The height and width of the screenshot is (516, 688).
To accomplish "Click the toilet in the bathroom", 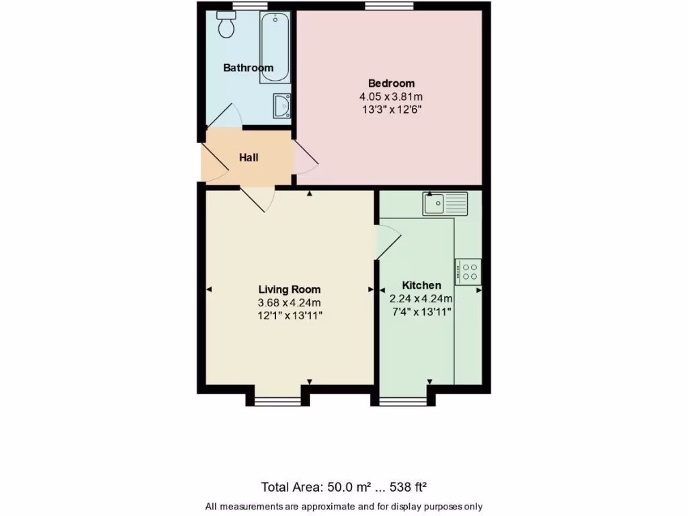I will [226, 26].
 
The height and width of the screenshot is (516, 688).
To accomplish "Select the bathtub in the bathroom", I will [275, 47].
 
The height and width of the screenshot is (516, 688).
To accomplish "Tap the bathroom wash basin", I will [282, 105].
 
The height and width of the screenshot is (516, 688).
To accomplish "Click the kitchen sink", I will [445, 203].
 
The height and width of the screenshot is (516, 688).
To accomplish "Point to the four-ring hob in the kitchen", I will [468, 271].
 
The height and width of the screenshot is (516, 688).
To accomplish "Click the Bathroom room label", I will [248, 68].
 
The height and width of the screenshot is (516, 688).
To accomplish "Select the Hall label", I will [249, 158].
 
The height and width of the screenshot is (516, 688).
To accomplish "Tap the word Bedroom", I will [391, 83].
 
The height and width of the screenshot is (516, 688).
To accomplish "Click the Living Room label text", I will [290, 290].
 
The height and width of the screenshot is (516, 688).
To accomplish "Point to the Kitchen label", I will [421, 286].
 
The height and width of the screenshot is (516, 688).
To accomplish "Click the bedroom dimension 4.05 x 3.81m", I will [391, 97].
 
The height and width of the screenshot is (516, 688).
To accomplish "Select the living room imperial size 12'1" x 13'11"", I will [290, 315].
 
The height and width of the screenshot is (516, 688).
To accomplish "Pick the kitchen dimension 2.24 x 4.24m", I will [421, 298].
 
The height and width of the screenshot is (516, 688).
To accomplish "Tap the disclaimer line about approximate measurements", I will [343, 506].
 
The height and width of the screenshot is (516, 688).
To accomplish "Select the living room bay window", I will [279, 402].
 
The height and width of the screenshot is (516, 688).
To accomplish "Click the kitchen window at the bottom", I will [403, 402].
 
